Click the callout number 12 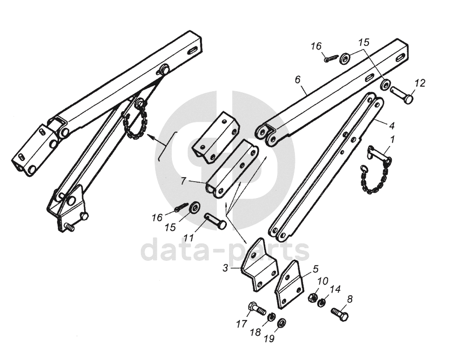click(420, 83)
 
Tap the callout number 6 click(297, 79)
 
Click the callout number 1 click(392, 139)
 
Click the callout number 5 click(315, 267)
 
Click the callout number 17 click(241, 324)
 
